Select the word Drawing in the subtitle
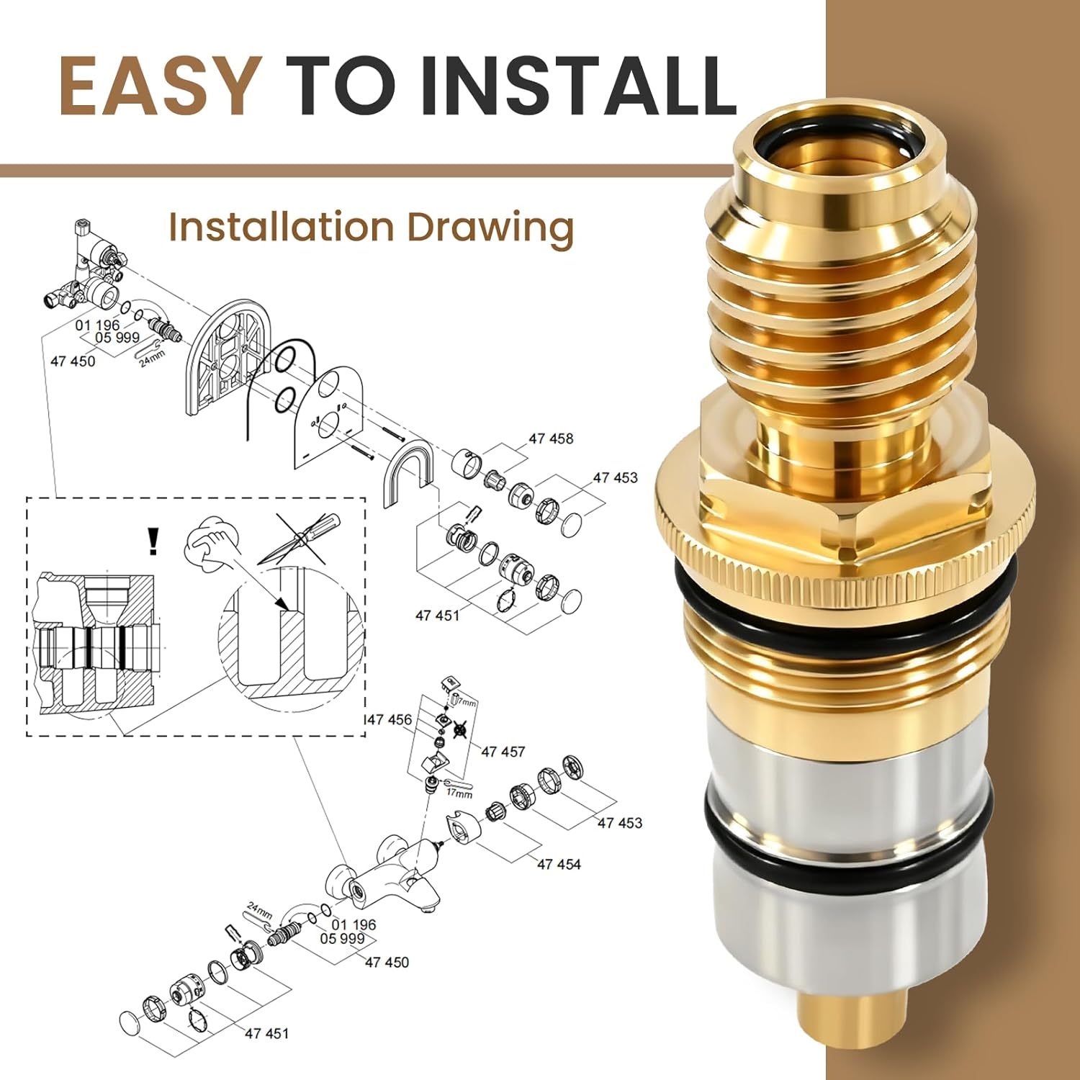tap(490, 228)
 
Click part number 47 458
tap(551, 438)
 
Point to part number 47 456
tap(390, 719)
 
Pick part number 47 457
tap(503, 752)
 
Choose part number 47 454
tap(559, 864)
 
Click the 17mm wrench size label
tap(459, 793)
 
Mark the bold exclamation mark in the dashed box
tap(152, 541)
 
